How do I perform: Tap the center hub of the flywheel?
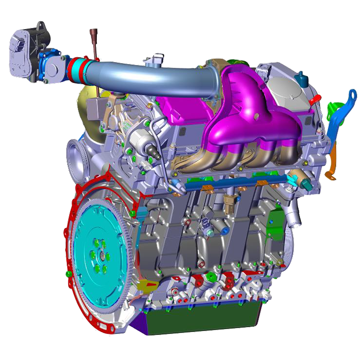click(x=102, y=256)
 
